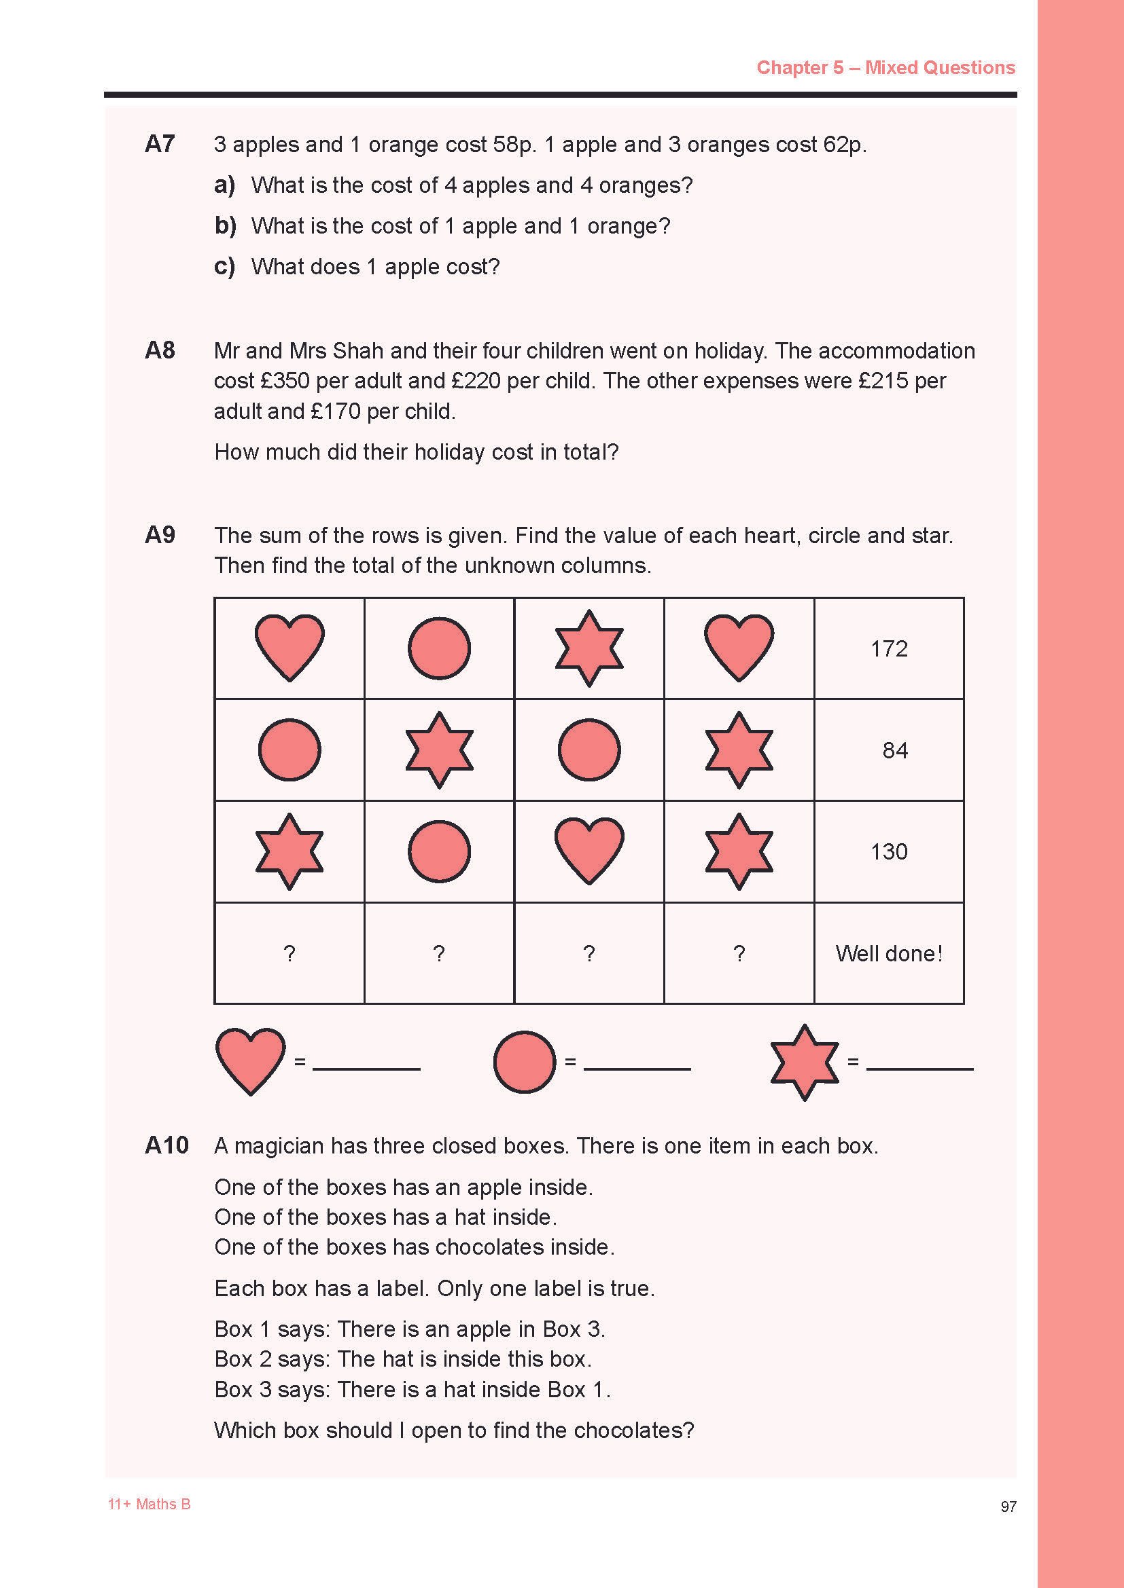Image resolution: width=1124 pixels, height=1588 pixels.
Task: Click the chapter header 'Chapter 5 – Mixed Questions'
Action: click(885, 68)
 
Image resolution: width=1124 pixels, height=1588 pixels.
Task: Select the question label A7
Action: click(160, 144)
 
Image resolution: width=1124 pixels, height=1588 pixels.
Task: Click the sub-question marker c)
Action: click(224, 266)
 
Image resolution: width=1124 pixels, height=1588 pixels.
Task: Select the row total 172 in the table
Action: click(889, 649)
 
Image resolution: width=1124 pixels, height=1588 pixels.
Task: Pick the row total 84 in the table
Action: click(894, 750)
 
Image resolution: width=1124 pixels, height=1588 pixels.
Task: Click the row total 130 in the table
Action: click(889, 851)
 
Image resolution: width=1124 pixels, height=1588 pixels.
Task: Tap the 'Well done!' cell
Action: click(889, 954)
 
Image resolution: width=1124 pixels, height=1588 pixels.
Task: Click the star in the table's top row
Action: click(589, 648)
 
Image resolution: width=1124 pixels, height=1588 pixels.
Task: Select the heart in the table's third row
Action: click(589, 851)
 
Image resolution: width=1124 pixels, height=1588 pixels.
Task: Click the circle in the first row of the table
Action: click(439, 649)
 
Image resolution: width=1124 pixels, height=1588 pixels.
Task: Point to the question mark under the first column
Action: click(289, 954)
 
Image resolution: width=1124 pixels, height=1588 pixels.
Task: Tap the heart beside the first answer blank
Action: click(250, 1060)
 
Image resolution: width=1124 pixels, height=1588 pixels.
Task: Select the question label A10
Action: click(166, 1145)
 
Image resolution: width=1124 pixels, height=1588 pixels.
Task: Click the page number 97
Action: click(1008, 1507)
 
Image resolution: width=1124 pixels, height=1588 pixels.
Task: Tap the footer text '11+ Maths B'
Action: click(149, 1504)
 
